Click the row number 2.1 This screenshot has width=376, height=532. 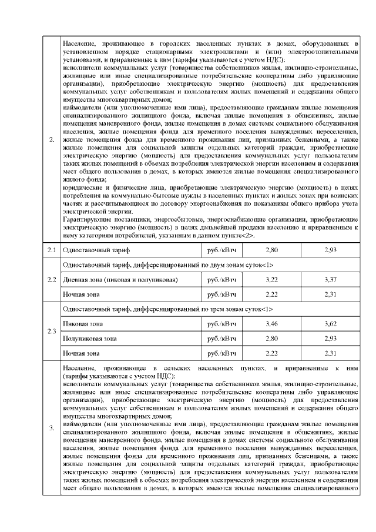(52, 250)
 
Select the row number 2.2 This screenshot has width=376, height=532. (52, 279)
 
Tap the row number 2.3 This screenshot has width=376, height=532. (52, 331)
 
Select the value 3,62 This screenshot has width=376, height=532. (330, 324)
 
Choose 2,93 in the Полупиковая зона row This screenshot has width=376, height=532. (330, 339)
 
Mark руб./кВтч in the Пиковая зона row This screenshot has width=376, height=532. (221, 324)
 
